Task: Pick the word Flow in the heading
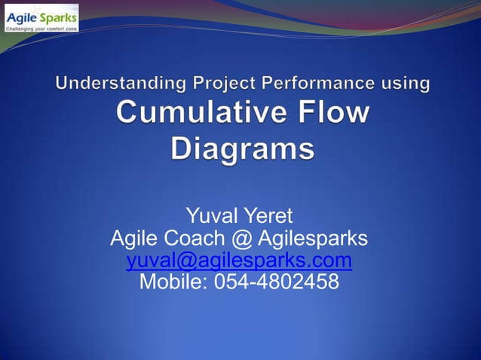click(332, 114)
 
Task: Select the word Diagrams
click(242, 147)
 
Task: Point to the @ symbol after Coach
click(240, 239)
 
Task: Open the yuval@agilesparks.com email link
click(239, 261)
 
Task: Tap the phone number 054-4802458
click(277, 282)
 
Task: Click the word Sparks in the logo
click(58, 15)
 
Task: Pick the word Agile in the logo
click(23, 15)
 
